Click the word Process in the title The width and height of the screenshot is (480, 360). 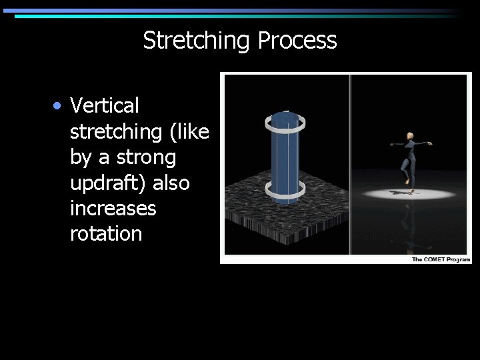[x=297, y=41]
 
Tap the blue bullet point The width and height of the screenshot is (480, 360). [x=59, y=106]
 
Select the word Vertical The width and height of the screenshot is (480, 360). [x=105, y=105]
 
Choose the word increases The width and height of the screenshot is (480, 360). [x=113, y=209]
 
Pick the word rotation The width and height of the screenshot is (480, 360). [x=106, y=234]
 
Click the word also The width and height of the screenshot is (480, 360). [x=173, y=183]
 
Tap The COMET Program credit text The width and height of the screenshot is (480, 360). [x=441, y=259]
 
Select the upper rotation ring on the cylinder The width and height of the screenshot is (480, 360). [x=286, y=122]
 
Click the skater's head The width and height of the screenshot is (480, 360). [x=409, y=136]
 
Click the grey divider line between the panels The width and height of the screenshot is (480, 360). [x=350, y=164]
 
